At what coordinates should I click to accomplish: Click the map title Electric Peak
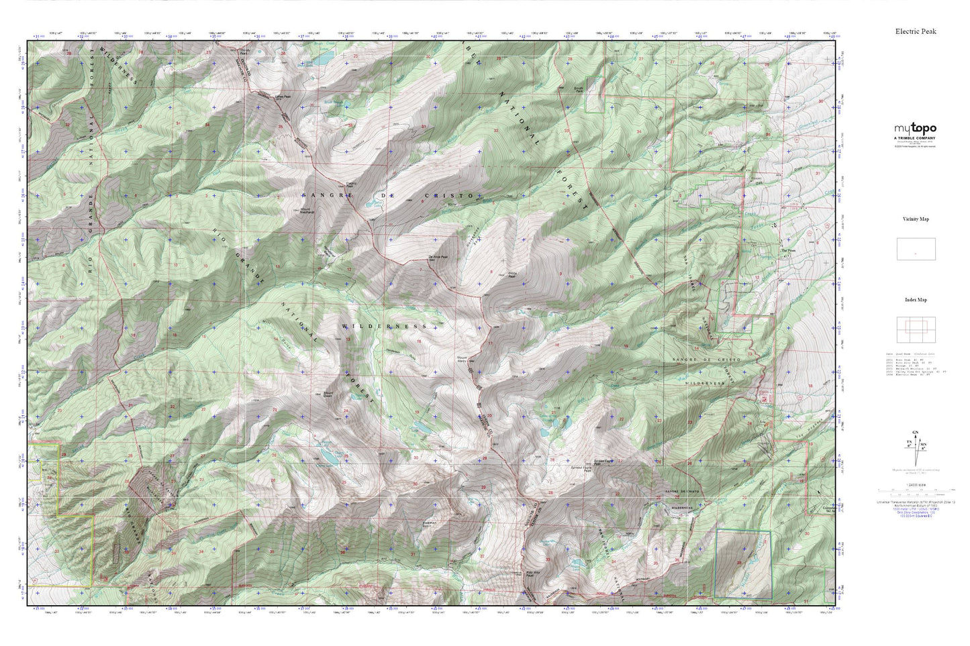915,31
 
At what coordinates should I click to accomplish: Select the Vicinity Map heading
915,219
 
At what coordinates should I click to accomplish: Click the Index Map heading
915,300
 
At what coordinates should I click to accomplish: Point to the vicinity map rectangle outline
916,250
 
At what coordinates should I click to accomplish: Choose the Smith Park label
578,89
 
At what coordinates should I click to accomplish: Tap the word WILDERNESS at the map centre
384,326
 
